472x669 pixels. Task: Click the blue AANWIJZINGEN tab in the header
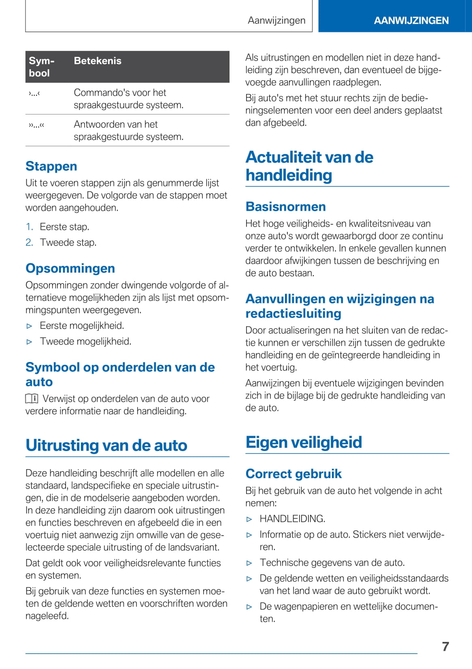tap(411, 20)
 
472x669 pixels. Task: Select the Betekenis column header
tap(98, 61)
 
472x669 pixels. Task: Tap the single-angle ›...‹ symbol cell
tap(34, 93)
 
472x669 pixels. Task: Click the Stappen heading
tap(51, 166)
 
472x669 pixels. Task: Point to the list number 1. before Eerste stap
tap(29, 227)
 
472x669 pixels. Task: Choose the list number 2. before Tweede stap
tap(29, 242)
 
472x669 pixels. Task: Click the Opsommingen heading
tap(70, 268)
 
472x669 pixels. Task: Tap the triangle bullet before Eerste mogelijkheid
tap(29, 326)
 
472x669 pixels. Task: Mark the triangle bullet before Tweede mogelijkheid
tap(29, 342)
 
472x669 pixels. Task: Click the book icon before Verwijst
tap(32, 399)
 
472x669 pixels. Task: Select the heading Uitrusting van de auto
tap(106, 445)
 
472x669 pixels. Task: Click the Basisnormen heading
tap(285, 206)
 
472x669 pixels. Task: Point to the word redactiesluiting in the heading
tap(293, 313)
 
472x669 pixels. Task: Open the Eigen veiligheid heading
tap(304, 442)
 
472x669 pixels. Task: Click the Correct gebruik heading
tap(293, 474)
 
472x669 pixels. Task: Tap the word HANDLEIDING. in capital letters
tap(292, 519)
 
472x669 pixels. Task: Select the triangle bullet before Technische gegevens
tap(249, 563)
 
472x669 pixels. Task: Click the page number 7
tap(445, 646)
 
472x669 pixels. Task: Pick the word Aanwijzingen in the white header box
tap(276, 20)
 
